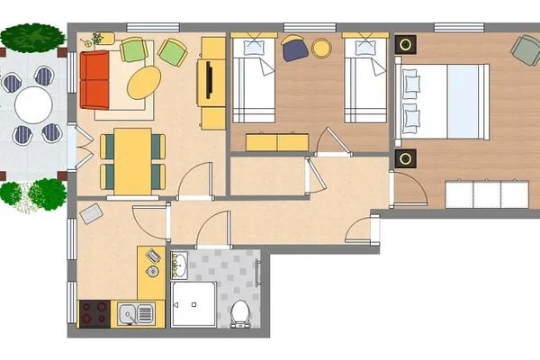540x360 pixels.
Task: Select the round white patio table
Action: [33, 106]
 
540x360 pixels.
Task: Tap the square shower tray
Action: [194, 303]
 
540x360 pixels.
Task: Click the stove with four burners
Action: [94, 313]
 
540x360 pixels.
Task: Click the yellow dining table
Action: [132, 160]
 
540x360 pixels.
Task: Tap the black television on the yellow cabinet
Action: [210, 80]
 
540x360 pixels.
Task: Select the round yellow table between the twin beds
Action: [321, 46]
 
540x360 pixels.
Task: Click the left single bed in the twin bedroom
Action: [253, 79]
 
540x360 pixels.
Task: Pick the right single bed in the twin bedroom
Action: [364, 79]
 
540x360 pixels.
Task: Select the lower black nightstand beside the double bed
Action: [407, 159]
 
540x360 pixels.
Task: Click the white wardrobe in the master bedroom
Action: [487, 193]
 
